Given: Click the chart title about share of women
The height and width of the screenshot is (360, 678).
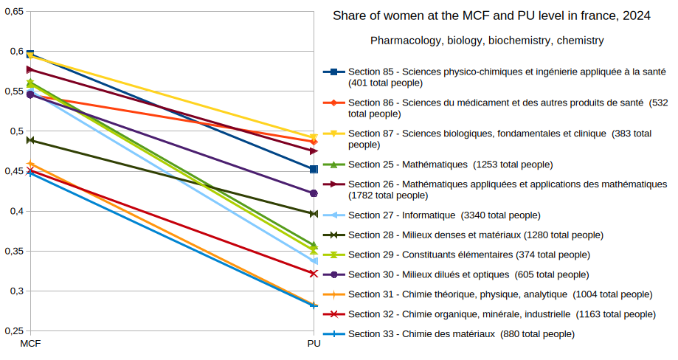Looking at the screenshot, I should [491, 15].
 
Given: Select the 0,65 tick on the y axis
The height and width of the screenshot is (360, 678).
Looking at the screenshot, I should [13, 11].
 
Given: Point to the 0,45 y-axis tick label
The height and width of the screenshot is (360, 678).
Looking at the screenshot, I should [13, 171].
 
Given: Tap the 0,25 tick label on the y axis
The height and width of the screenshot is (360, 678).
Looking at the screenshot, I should [13, 331].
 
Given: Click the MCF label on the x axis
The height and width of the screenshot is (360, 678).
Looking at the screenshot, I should [30, 345].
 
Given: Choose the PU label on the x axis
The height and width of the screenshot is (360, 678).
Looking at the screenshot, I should [314, 345].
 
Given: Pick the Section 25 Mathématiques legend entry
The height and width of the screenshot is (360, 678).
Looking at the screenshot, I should [450, 164].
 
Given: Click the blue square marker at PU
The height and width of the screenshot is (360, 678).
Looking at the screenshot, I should [314, 169].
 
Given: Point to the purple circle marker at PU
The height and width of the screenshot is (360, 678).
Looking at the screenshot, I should [314, 193].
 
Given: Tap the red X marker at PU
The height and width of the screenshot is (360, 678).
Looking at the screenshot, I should [314, 274].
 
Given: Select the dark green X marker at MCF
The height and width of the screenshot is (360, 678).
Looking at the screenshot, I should [30, 140].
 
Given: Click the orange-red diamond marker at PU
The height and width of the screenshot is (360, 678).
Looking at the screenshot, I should [314, 142].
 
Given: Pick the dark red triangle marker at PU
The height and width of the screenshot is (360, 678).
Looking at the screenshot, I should [314, 150].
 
